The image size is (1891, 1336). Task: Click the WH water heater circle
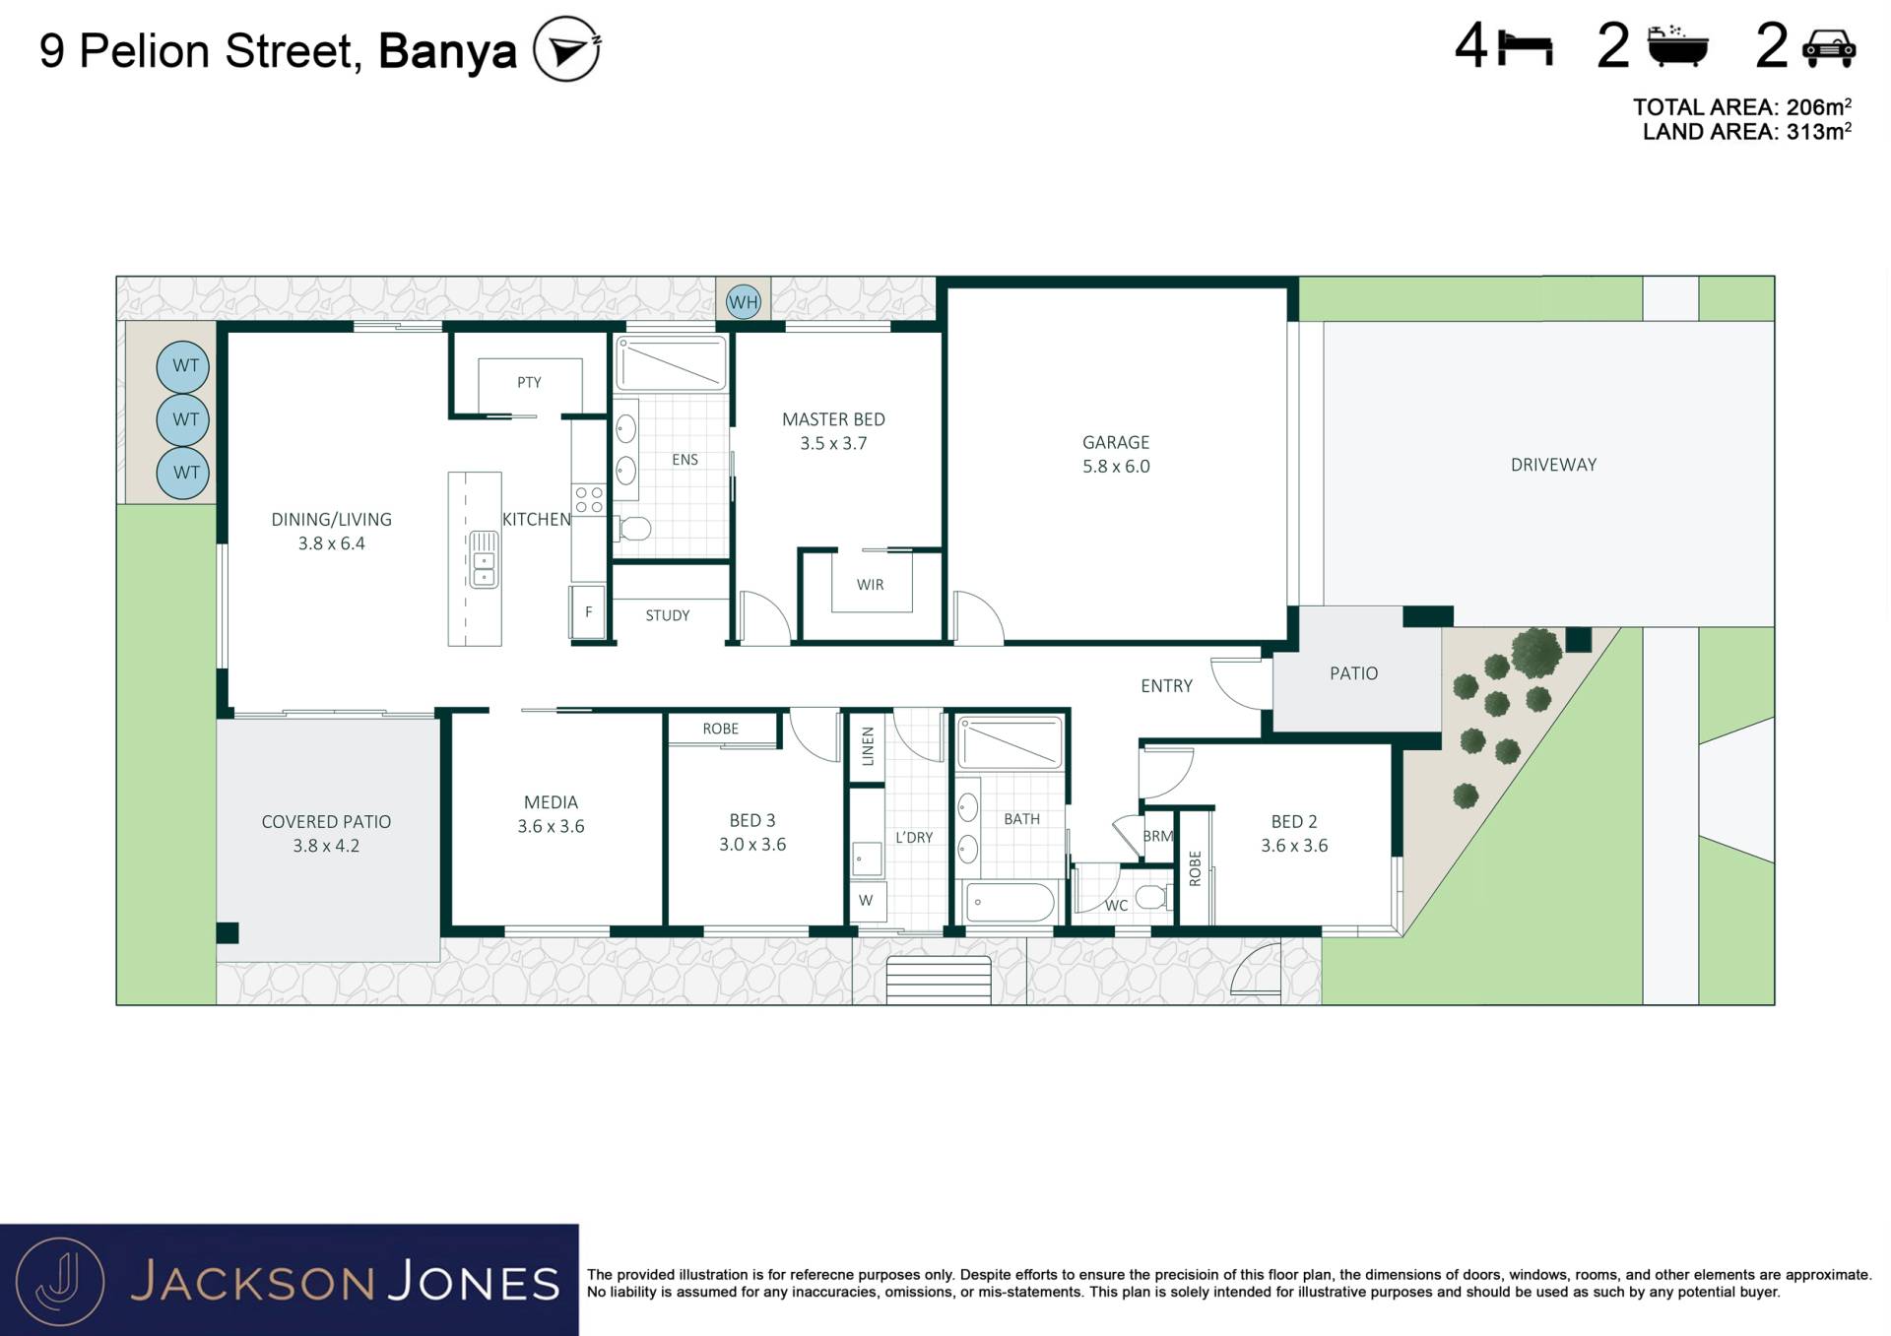point(743,302)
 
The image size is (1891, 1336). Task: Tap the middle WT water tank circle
point(183,419)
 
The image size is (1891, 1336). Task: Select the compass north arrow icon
point(566,49)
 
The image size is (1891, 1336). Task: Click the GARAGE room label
point(1116,442)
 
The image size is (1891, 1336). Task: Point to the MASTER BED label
point(833,419)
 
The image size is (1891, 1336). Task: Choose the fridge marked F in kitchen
point(588,611)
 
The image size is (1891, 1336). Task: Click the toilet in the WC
point(1152,897)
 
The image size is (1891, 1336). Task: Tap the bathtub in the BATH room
point(1011,902)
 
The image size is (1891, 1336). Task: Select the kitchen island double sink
point(484,559)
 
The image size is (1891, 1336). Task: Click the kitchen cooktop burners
point(589,499)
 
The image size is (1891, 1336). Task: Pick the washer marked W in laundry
point(867,901)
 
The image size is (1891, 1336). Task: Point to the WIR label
point(870,585)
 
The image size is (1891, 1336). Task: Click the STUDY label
point(668,615)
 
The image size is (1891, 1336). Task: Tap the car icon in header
point(1829,48)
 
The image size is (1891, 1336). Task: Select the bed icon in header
point(1526,48)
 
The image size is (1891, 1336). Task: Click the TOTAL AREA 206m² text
point(1742,107)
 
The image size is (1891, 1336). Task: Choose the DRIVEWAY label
point(1553,465)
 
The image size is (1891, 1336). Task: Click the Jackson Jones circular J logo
point(61,1281)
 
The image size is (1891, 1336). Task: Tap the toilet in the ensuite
point(633,530)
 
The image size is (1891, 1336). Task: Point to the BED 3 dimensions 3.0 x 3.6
point(752,845)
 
